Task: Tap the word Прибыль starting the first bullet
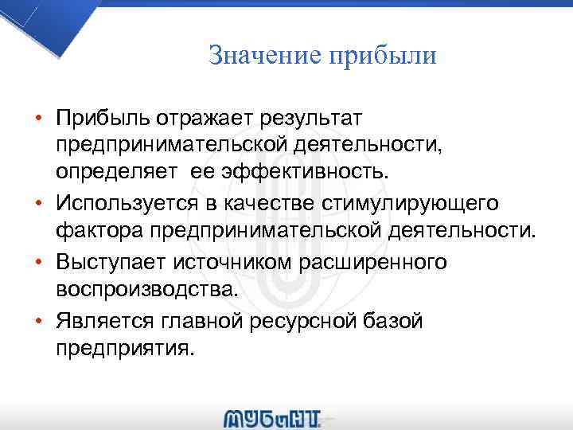pos(99,118)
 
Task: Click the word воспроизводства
pos(146,289)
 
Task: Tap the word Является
pos(102,321)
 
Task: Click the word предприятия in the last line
pos(124,348)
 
